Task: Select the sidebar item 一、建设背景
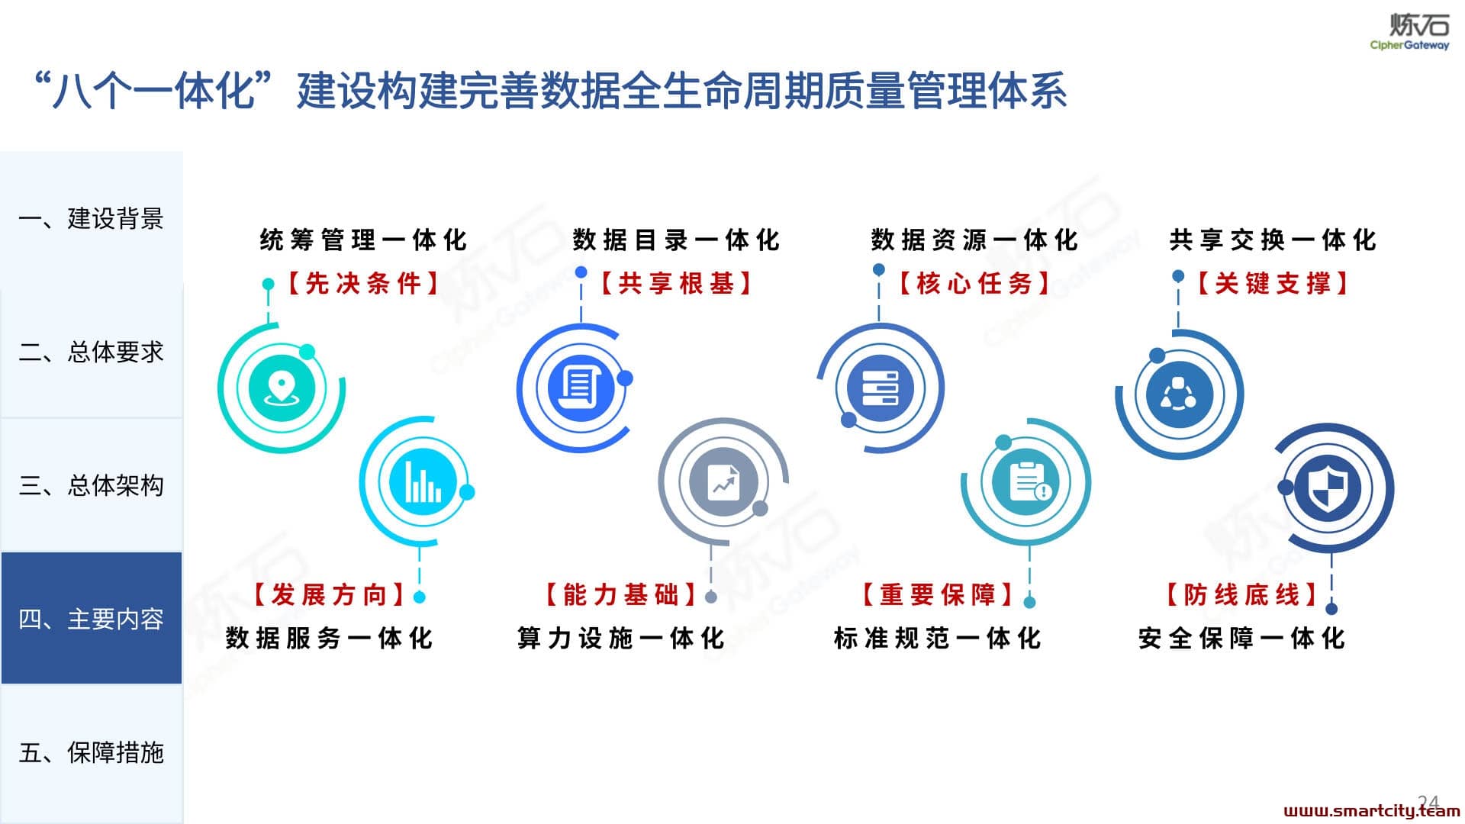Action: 92,219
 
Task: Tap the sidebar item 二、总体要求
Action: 92,352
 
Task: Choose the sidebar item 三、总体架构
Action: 92,485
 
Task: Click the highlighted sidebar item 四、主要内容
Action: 92,618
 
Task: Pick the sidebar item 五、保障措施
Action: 92,752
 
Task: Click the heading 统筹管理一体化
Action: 363,240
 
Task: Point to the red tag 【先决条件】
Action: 363,284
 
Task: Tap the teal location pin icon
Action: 281,388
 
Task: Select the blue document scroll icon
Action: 580,387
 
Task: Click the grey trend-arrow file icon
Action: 723,481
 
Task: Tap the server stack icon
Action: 880,388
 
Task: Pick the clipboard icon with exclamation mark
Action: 1026,481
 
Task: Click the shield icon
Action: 1327,488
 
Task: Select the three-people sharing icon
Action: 1178,394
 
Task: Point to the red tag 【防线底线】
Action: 1242,594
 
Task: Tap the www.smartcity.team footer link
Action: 1372,810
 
